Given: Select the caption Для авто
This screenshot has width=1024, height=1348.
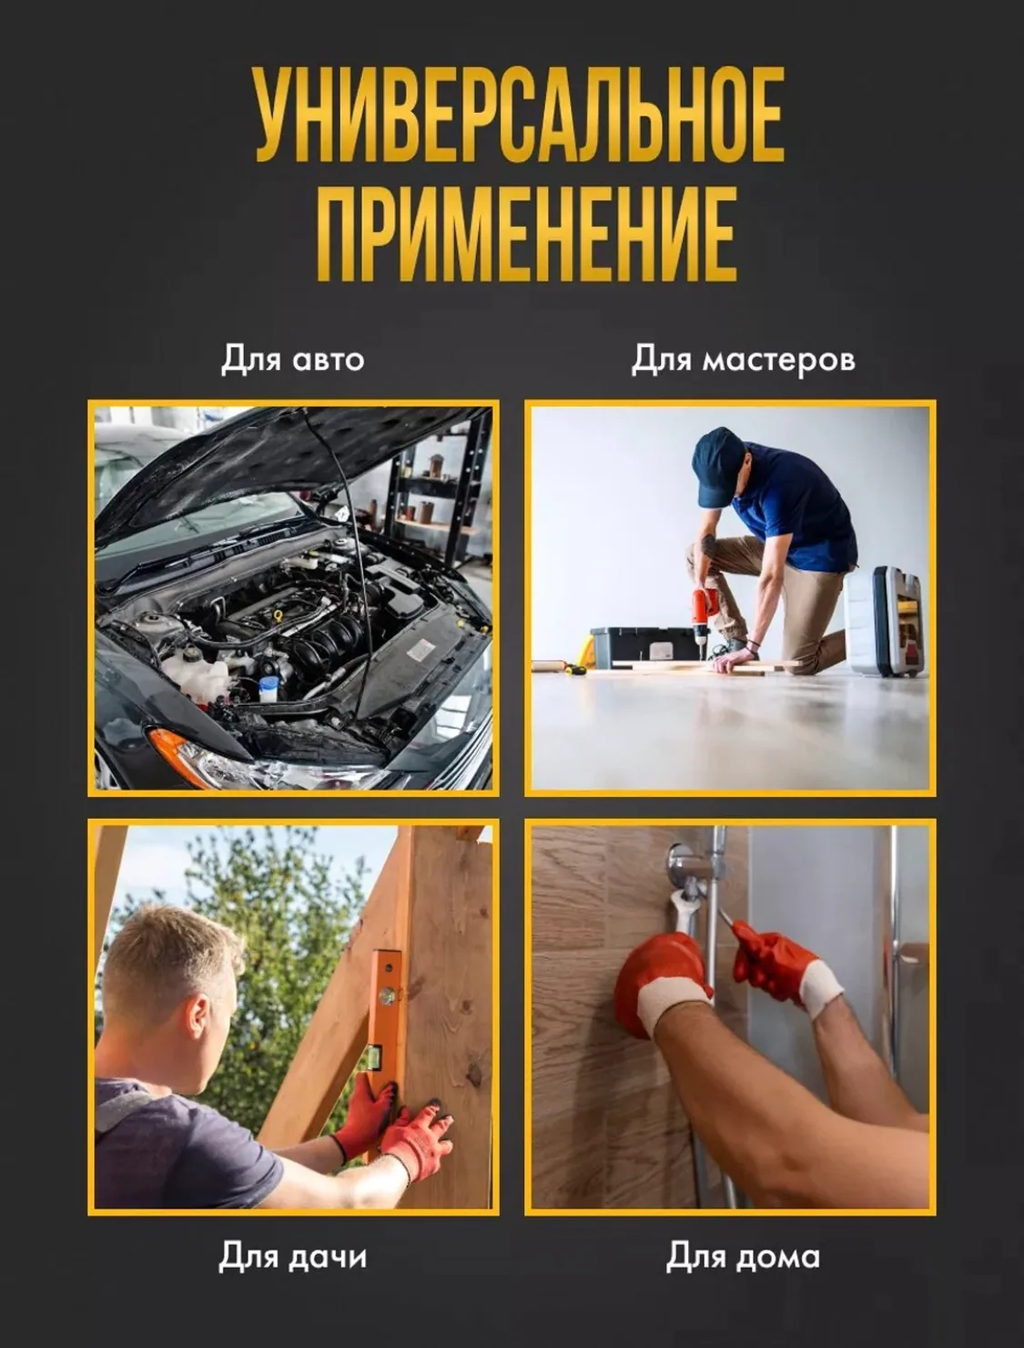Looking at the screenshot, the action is pyautogui.click(x=293, y=359).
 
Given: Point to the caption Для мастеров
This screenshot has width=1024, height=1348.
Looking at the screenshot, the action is pyautogui.click(x=743, y=359).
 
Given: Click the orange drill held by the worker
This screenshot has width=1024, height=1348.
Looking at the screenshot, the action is pyautogui.click(x=703, y=612).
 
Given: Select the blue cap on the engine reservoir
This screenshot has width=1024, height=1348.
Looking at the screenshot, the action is pyautogui.click(x=268, y=683).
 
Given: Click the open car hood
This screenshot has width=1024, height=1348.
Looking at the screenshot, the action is pyautogui.click(x=276, y=466).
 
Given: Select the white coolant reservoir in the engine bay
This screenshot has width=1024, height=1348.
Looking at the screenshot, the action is pyautogui.click(x=197, y=670).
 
